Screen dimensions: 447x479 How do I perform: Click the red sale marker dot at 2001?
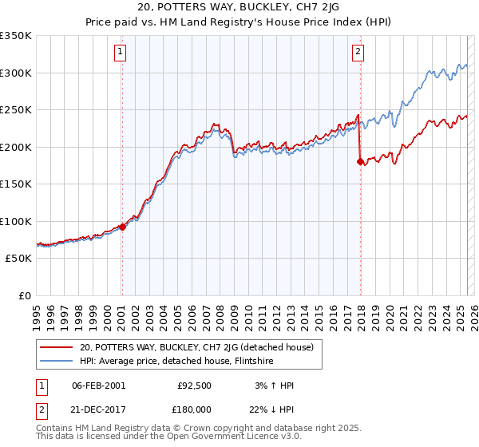[122, 227]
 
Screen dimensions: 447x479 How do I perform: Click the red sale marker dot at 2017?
[359, 161]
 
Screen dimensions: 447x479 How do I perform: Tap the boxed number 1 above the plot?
[120, 53]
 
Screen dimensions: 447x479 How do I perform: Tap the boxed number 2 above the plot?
[358, 53]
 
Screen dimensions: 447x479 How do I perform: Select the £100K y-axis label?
[16, 221]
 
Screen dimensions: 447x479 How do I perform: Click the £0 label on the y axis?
[25, 295]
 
